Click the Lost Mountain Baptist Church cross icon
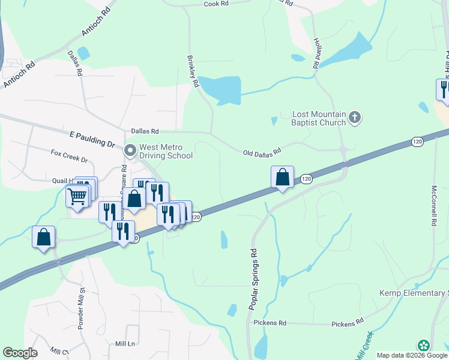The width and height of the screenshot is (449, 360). [x=355, y=117]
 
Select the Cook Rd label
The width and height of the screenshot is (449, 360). [x=216, y=4]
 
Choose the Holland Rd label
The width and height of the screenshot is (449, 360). [x=315, y=52]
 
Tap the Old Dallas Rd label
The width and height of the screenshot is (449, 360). [x=262, y=153]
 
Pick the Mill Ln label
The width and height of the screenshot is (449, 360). [x=126, y=343]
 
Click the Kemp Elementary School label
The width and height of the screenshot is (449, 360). [x=414, y=293]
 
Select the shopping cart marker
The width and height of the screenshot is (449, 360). [x=77, y=195]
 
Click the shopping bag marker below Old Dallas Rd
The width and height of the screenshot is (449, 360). [x=282, y=177]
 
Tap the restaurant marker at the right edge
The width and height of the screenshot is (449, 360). [x=443, y=89]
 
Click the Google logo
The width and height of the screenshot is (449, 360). [x=20, y=353]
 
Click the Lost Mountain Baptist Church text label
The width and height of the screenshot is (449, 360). [x=319, y=118]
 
